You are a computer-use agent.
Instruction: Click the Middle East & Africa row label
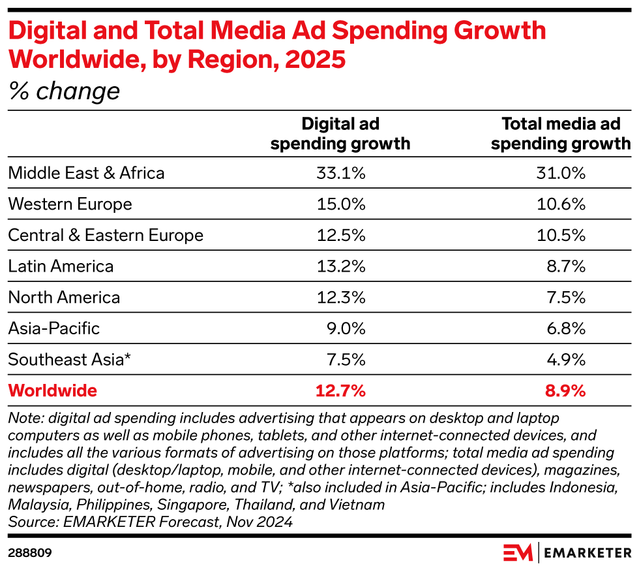(86, 172)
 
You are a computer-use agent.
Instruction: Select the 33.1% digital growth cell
(340, 172)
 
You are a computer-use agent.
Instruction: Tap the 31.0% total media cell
(561, 172)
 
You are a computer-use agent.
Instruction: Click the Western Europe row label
(70, 204)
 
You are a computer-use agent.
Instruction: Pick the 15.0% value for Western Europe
(340, 204)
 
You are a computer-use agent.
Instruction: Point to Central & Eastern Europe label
(106, 235)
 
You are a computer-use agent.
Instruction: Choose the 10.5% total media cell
(561, 235)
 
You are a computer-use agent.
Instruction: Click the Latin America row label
(61, 266)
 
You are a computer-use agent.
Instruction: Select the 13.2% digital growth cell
(340, 266)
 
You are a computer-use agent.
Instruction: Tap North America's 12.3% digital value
(340, 298)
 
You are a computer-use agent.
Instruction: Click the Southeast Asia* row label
(70, 360)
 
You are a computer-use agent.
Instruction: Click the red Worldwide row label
(52, 391)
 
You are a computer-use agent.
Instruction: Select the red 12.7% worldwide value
(340, 391)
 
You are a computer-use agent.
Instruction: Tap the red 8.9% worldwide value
(565, 391)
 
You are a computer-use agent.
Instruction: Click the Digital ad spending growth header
(340, 134)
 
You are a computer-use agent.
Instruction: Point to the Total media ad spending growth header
(561, 134)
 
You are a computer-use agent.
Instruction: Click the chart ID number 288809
(30, 552)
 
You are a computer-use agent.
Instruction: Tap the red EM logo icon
(518, 552)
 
